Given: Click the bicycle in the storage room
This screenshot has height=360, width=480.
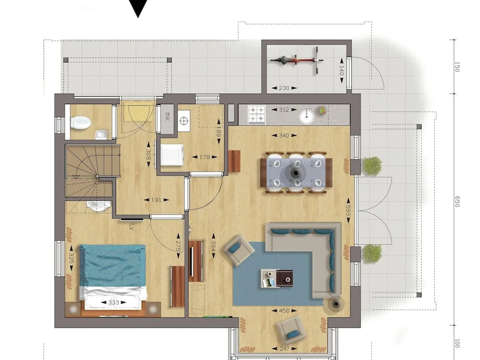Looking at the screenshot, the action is click(297, 60).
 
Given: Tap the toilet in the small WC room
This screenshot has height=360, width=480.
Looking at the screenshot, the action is click(81, 123).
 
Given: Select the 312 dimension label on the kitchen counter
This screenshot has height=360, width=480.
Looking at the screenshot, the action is click(284, 109).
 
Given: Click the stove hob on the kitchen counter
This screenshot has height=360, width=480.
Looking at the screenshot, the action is click(256, 115).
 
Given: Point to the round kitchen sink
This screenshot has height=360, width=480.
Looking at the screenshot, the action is click(306, 116).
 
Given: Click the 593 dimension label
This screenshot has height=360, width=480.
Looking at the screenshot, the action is click(348, 210).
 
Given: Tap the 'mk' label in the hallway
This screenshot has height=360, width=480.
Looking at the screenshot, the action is click(167, 116).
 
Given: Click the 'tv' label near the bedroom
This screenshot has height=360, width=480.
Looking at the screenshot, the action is click(132, 227).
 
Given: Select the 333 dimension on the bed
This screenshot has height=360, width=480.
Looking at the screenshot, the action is click(114, 302).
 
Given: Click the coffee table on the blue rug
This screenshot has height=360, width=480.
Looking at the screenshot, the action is click(277, 278).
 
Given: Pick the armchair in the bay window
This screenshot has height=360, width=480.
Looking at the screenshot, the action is click(289, 329).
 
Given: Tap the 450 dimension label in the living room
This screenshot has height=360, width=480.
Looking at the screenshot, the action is click(284, 311).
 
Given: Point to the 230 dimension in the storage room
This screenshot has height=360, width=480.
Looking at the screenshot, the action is click(284, 88).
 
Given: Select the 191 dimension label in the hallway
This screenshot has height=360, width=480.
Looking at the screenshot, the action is click(156, 200).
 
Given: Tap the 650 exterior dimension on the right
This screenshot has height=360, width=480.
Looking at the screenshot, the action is click(457, 202).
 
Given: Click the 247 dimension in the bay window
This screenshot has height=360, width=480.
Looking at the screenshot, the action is click(284, 348).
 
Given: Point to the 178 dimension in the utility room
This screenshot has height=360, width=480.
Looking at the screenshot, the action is click(204, 157).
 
